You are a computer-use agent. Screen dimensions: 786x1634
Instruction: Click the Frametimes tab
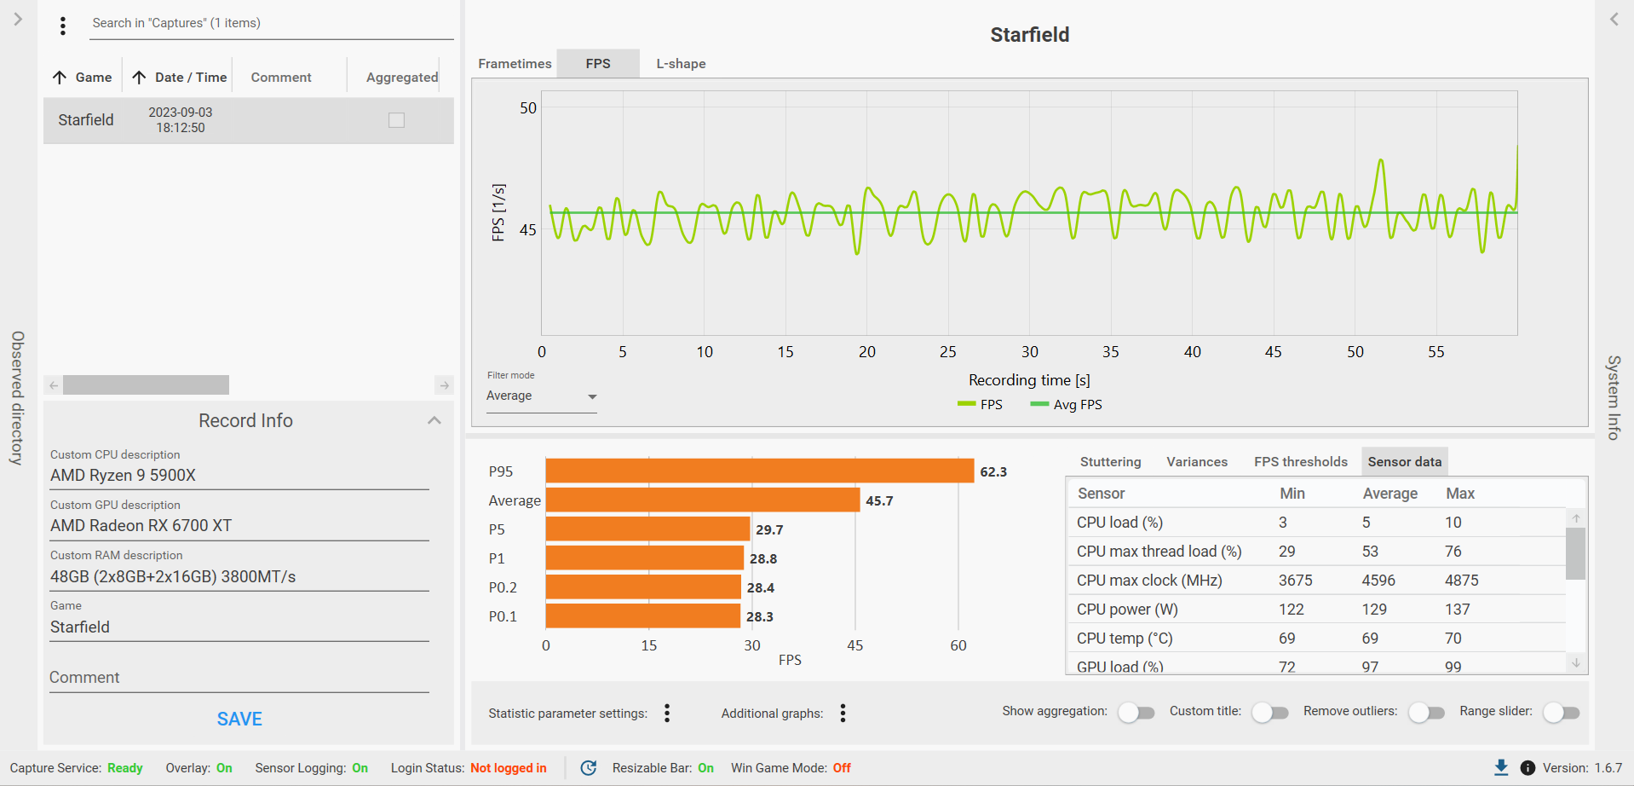[x=515, y=64]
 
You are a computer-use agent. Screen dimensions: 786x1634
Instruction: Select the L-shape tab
[x=681, y=64]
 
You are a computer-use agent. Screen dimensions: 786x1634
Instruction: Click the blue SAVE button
[x=239, y=719]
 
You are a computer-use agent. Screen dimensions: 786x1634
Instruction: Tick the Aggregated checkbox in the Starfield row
[x=396, y=120]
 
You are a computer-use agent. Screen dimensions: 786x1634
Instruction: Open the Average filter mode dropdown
[x=541, y=396]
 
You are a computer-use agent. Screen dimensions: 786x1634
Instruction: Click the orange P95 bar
[x=759, y=471]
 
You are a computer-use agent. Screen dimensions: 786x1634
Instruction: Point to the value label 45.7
[x=879, y=501]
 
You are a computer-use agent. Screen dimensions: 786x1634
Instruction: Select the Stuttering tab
[x=1110, y=462]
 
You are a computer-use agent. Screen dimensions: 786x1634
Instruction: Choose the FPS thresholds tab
[x=1300, y=462]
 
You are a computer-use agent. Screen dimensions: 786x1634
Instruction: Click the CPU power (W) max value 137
[x=1457, y=610]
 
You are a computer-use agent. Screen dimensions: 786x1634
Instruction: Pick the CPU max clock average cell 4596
[x=1378, y=581]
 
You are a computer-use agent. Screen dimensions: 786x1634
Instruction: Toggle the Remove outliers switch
[x=1426, y=713]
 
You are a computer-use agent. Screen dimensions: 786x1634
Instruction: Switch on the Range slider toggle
[x=1561, y=713]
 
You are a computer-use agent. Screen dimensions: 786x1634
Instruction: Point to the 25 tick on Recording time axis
[x=948, y=352]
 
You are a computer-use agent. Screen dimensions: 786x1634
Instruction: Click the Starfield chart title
[x=1029, y=35]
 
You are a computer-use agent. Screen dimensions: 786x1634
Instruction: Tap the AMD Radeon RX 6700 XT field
[x=239, y=526]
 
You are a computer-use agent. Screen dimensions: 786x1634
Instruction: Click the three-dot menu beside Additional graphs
[x=843, y=714]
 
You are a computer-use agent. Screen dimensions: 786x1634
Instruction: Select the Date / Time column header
[x=190, y=78]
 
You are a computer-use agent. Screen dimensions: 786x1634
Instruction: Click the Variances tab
[x=1196, y=462]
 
